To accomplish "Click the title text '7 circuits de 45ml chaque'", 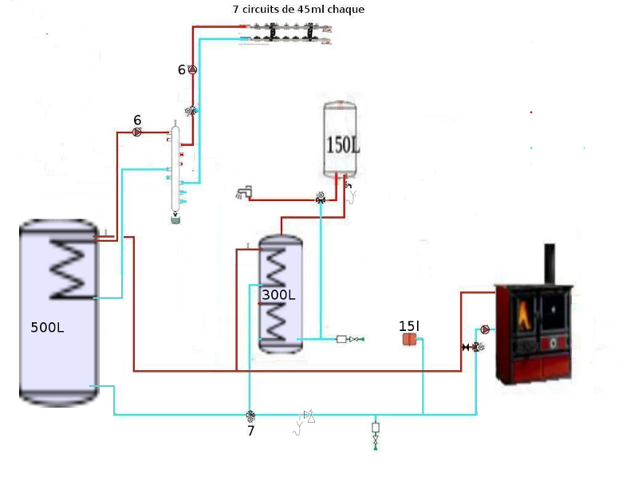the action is (x=298, y=9).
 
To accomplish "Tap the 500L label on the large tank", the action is (x=47, y=327).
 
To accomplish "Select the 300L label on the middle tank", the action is (x=278, y=294).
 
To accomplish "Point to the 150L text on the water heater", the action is (x=343, y=145).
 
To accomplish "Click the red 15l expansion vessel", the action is (x=409, y=339).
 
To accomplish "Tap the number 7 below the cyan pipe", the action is (x=250, y=431).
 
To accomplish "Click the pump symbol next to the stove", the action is (x=485, y=329).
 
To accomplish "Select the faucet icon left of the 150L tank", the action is (x=244, y=192).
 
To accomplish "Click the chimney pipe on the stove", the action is (x=549, y=264).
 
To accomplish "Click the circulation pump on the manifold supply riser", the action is (x=192, y=69).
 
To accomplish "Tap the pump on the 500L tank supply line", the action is (x=137, y=132).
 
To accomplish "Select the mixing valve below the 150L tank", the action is (x=321, y=198).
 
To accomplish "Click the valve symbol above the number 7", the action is (x=250, y=416).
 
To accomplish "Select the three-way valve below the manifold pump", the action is (x=191, y=110).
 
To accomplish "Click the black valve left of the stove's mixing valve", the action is (x=466, y=347).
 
